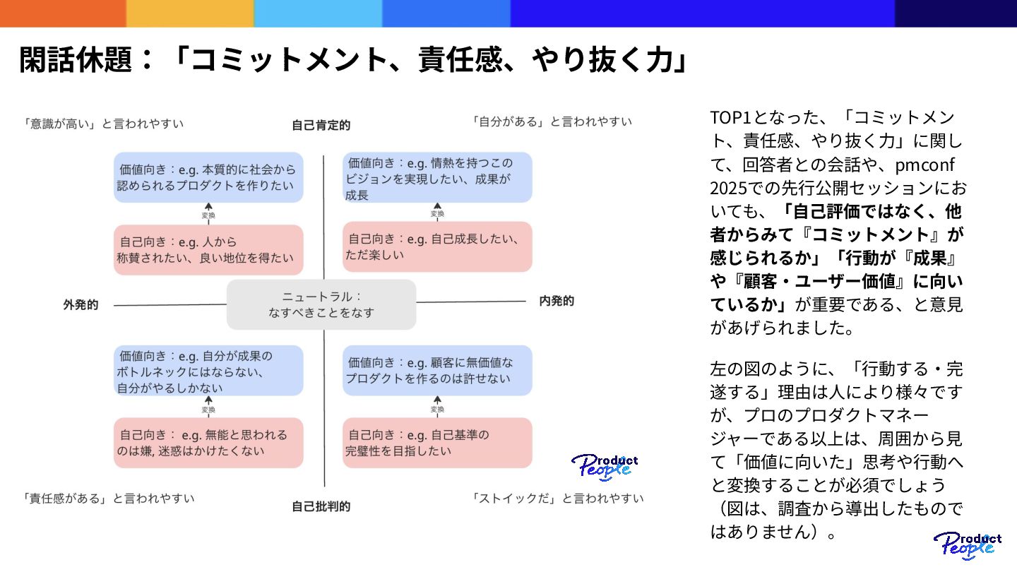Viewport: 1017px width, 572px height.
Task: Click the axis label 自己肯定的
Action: pos(321,126)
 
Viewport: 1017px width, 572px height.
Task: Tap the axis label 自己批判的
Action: pos(321,506)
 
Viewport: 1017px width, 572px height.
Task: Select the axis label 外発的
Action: pos(81,305)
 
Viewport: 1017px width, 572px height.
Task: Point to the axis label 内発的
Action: pos(557,302)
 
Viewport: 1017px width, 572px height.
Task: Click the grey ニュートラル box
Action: pos(321,304)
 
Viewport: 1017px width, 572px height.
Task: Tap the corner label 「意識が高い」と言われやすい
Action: pos(103,124)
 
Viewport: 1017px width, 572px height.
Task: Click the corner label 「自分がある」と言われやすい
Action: pos(552,121)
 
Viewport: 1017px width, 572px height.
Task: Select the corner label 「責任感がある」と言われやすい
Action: pos(109,498)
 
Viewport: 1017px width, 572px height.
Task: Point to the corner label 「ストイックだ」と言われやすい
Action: pos(557,498)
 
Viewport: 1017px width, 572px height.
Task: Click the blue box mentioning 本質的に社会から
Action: pos(208,178)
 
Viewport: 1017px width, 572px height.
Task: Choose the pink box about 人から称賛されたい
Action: pos(208,250)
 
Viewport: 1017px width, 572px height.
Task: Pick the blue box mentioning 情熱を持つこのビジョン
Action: pos(437,178)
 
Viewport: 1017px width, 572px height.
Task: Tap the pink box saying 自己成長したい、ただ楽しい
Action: pos(437,246)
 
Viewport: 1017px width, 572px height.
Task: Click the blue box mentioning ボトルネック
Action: pos(208,371)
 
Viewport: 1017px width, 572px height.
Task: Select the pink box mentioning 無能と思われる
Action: pos(208,443)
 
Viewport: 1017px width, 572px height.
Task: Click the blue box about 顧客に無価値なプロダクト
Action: pos(437,371)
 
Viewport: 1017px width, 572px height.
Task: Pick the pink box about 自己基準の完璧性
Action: pos(437,443)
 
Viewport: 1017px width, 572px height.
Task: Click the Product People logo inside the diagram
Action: pos(604,467)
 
